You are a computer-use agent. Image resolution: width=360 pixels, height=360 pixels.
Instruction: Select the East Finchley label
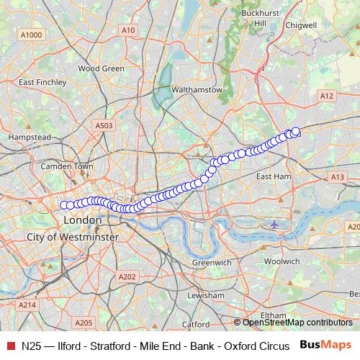click(42, 82)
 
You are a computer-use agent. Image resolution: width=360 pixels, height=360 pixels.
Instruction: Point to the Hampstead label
click(30, 137)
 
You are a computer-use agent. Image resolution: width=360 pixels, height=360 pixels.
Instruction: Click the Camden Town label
click(68, 166)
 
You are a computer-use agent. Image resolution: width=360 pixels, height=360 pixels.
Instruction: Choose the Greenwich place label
click(212, 263)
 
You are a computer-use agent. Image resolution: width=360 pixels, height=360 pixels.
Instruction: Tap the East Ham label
click(273, 176)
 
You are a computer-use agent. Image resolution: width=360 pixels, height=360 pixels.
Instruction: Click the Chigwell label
click(301, 24)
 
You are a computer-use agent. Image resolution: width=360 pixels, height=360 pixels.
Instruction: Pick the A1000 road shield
click(32, 35)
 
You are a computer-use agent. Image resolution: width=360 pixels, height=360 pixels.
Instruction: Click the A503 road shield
click(104, 125)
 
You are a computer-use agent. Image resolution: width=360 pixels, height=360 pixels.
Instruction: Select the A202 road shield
click(127, 276)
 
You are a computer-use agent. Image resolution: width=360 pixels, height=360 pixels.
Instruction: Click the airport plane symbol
click(274, 224)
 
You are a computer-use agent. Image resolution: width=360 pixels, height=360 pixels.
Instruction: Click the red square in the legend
click(11, 345)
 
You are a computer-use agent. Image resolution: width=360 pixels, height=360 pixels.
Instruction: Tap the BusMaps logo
click(324, 345)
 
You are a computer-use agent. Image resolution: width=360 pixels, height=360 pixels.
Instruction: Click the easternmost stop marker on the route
click(295, 131)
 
